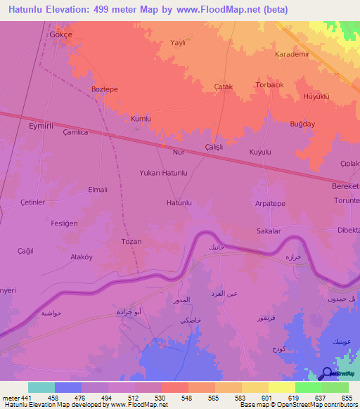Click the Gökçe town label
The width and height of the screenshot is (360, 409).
[x=60, y=34]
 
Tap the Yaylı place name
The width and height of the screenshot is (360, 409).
[x=178, y=43]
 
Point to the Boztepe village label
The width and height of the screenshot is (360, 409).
[x=105, y=89]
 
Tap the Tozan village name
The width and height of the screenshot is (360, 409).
[x=131, y=241]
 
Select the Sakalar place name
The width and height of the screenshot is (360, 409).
[x=269, y=231]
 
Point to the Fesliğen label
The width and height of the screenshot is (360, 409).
[x=64, y=223]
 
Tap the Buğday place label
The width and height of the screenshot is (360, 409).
[x=303, y=124]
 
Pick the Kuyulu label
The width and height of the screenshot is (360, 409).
[x=260, y=152]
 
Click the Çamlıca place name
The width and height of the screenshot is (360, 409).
[x=75, y=132]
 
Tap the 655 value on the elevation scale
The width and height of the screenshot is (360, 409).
[x=346, y=398]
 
